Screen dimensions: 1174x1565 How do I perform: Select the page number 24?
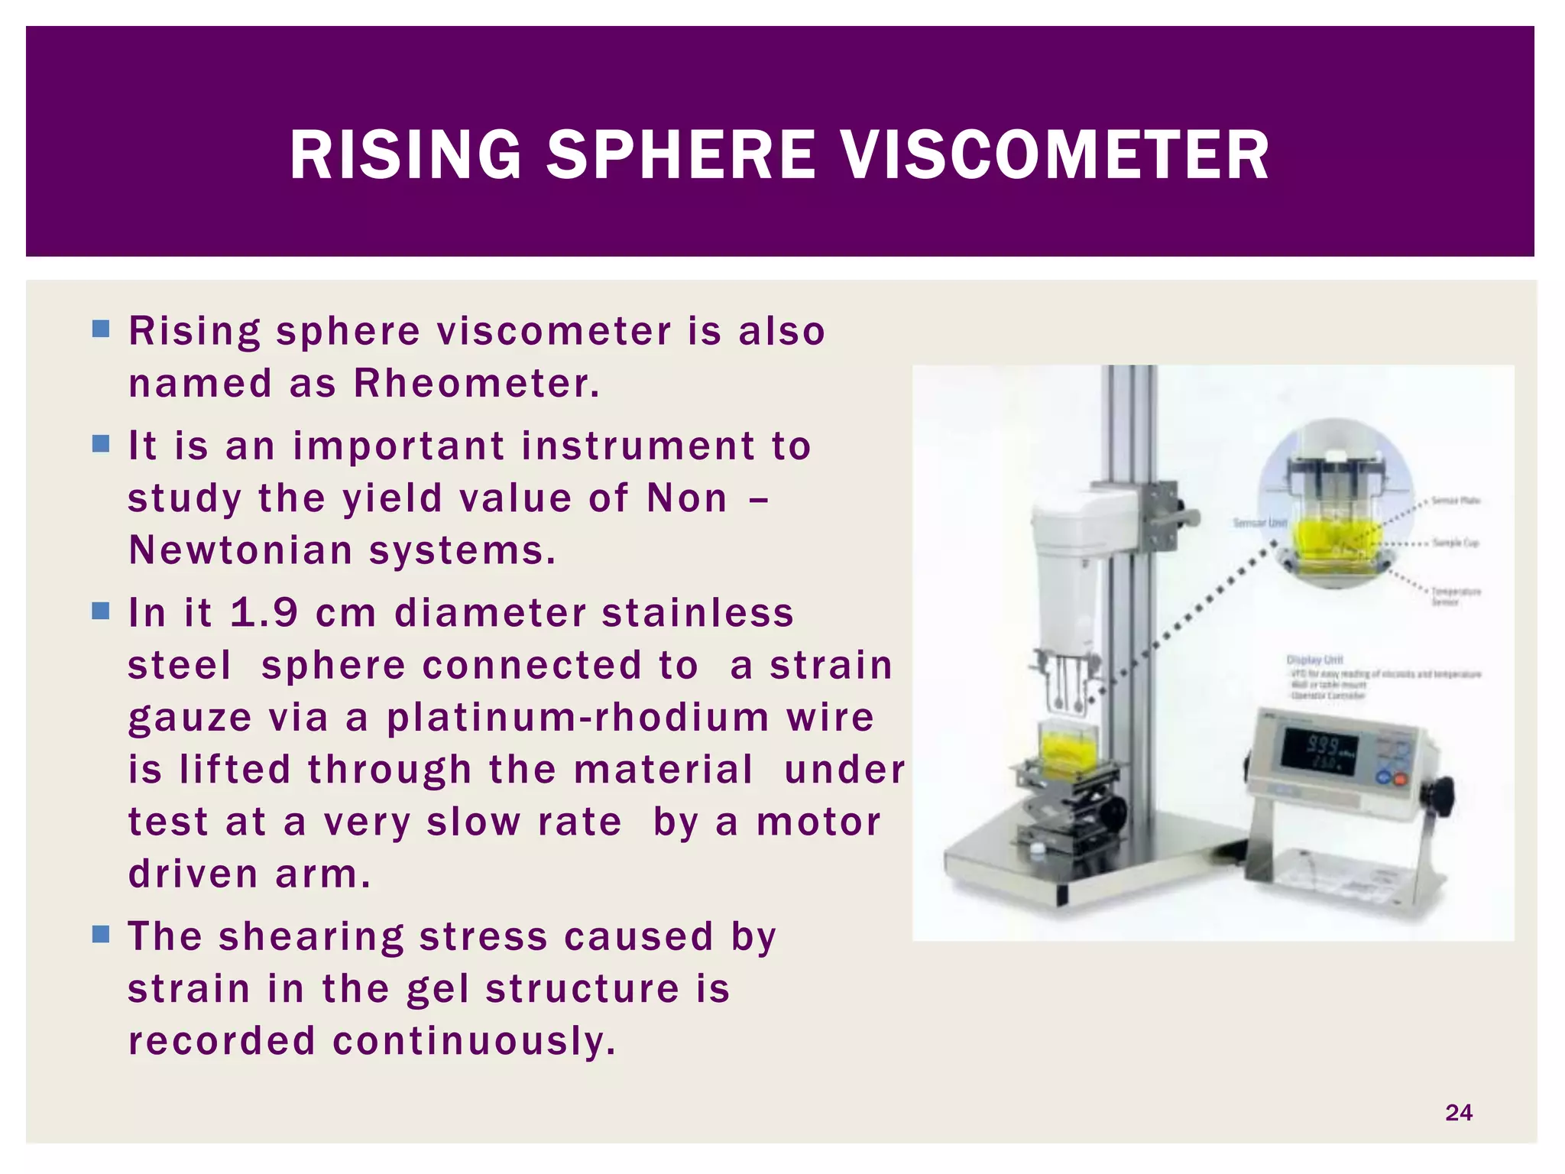pyautogui.click(x=1458, y=1112)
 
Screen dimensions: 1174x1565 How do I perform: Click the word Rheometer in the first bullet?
pyautogui.click(x=477, y=383)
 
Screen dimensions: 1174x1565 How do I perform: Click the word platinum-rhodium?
pyautogui.click(x=578, y=718)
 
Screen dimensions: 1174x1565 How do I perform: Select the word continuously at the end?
pyautogui.click(x=474, y=1041)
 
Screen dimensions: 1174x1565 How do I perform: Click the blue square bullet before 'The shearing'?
pyautogui.click(x=101, y=934)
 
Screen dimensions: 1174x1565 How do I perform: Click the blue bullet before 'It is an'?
pyautogui.click(x=101, y=444)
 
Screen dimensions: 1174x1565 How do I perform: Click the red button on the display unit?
pyautogui.click(x=1400, y=780)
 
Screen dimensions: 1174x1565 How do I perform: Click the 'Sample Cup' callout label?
pyautogui.click(x=1455, y=543)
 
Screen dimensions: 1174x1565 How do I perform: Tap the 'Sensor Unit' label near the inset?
pyautogui.click(x=1259, y=523)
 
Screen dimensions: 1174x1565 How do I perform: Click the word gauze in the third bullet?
pyautogui.click(x=190, y=718)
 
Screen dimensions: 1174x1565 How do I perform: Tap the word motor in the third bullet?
pyautogui.click(x=818, y=822)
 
